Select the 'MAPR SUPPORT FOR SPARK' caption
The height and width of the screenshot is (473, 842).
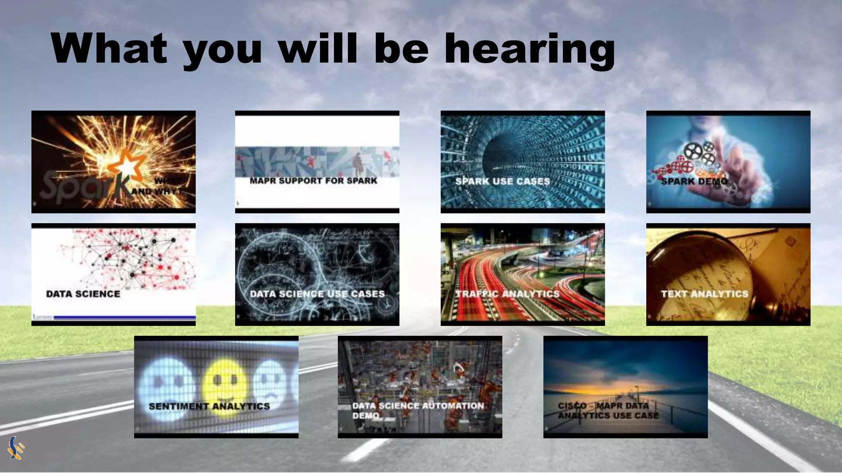point(313,181)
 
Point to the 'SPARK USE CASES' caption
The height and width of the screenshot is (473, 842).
point(502,181)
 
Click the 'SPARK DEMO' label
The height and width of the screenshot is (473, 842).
point(694,181)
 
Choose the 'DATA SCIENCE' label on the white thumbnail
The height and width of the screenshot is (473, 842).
point(83,294)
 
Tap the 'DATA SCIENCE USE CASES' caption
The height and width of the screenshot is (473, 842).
point(317,294)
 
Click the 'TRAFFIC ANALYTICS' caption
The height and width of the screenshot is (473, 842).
point(507,294)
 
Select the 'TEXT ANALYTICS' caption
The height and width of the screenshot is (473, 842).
point(704,294)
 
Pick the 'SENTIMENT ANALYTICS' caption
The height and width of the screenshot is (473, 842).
point(209,406)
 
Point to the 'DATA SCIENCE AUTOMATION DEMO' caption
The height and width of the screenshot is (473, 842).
point(418,410)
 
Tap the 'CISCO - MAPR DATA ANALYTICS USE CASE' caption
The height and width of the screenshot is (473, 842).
point(608,410)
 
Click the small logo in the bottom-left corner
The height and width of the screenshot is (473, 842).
point(16,448)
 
